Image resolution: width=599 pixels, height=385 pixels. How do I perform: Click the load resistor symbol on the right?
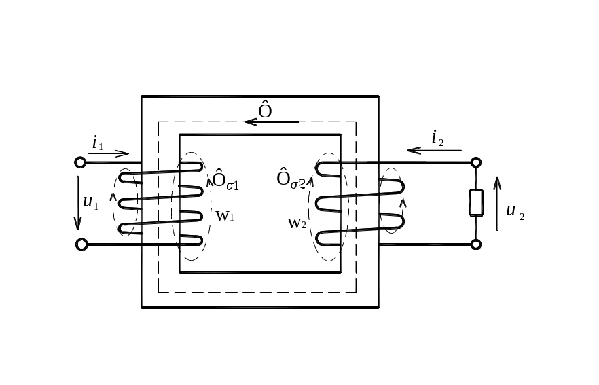pos(476,203)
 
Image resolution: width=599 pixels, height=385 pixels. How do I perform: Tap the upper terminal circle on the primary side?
pos(80,162)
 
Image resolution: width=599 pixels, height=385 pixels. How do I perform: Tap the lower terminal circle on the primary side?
pos(81,244)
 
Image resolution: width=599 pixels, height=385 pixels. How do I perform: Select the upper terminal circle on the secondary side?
pos(475,162)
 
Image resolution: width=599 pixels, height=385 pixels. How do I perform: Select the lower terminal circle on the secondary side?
pos(475,244)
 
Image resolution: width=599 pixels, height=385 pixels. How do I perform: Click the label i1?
pos(97,143)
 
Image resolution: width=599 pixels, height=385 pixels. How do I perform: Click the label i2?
pos(437,138)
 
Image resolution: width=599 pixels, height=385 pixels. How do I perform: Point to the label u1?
pos(90,202)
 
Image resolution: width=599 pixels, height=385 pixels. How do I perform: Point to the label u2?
pos(515,210)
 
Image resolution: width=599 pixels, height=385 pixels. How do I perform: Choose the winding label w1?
pos(225,216)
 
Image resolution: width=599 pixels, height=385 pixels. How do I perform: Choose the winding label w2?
pos(297,223)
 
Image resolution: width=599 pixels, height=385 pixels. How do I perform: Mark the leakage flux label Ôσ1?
pos(225,180)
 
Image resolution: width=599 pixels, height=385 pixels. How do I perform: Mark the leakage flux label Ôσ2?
pos(291,179)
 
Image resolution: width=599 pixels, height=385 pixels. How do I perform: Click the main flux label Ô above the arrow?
pos(265,109)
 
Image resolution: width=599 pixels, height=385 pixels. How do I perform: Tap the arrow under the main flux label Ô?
pos(272,122)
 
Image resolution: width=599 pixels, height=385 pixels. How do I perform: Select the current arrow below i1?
pos(109,154)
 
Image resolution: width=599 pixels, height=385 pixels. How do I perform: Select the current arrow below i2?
pos(435,151)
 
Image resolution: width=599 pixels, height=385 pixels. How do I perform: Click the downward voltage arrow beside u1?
pos(77,203)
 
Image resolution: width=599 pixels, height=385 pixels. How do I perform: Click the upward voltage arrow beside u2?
pos(497,204)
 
